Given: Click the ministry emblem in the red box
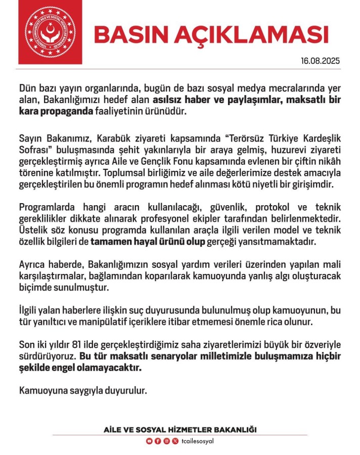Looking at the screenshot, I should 50,33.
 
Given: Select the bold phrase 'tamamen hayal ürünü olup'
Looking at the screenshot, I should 147,242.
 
